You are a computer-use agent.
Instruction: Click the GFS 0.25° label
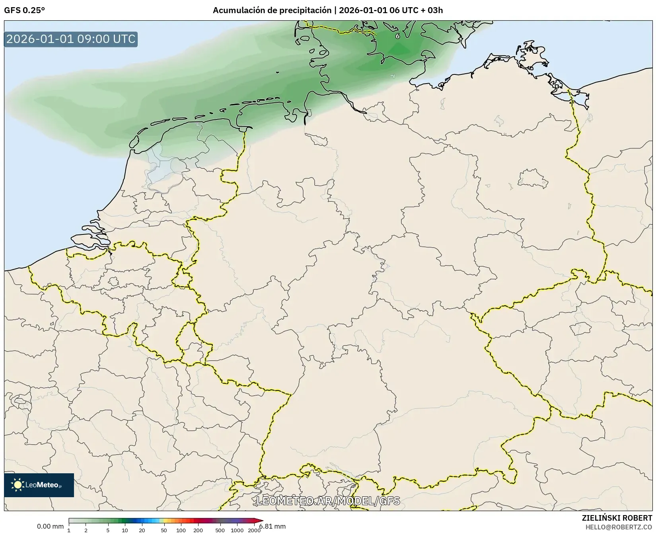[24, 10]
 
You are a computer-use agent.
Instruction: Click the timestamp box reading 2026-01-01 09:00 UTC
[71, 39]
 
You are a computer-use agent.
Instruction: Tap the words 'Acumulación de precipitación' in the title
[272, 10]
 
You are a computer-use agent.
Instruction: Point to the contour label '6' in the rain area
[397, 36]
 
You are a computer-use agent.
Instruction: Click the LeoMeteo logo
[39, 485]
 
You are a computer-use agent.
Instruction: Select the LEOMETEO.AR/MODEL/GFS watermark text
[328, 501]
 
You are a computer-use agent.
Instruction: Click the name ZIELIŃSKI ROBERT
[617, 518]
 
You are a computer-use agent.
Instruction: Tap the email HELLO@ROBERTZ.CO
[619, 527]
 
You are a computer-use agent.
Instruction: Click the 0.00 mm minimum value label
[50, 527]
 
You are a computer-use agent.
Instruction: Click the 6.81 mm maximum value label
[273, 527]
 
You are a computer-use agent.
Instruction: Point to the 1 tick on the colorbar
[69, 530]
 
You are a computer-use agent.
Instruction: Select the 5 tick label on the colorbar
[108, 530]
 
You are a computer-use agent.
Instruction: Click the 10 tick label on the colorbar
[125, 530]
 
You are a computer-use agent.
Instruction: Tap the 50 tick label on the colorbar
[164, 530]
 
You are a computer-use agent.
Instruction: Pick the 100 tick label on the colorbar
[181, 530]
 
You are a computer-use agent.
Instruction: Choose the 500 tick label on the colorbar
[220, 530]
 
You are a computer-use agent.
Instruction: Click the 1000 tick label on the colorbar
[237, 530]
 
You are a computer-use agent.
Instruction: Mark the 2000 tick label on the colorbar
[254, 530]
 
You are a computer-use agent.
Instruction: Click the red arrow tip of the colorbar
[261, 521]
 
